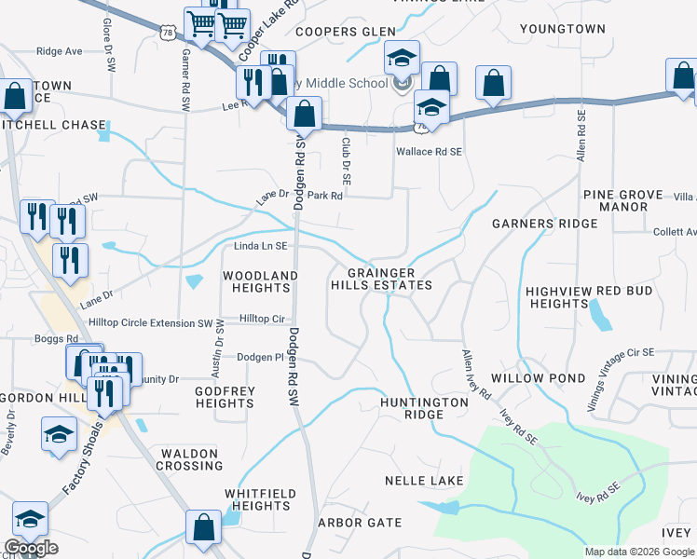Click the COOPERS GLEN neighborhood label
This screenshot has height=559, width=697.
[346, 32]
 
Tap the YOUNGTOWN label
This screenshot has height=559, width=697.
[563, 30]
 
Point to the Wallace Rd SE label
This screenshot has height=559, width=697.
[430, 151]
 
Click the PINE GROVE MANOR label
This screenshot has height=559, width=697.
[622, 200]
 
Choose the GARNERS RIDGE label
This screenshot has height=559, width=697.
[544, 225]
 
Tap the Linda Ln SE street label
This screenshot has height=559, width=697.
[260, 246]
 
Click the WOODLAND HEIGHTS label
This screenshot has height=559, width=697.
[260, 282]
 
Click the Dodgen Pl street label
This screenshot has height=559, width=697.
[260, 357]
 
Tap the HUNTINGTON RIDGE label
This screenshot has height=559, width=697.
[423, 409]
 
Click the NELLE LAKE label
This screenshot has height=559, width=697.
[424, 481]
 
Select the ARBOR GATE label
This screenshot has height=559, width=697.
[361, 523]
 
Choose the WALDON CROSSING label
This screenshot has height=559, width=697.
[191, 458]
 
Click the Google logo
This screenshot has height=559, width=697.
[31, 549]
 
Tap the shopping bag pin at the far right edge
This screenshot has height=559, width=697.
[683, 79]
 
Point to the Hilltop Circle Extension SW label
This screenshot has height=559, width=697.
[150, 322]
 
